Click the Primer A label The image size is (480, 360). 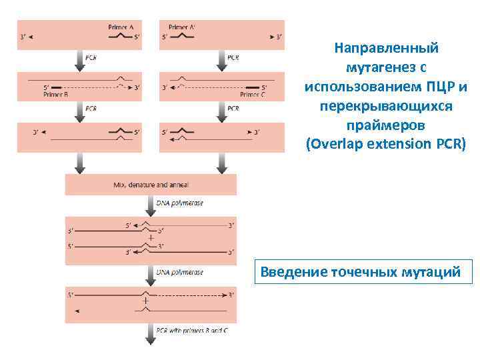click(x=121, y=27)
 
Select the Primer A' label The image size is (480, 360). click(x=179, y=27)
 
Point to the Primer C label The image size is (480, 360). click(x=253, y=95)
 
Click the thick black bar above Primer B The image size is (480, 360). click(x=57, y=87)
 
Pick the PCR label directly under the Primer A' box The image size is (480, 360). click(x=233, y=58)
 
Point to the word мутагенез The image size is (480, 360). click(x=379, y=68)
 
